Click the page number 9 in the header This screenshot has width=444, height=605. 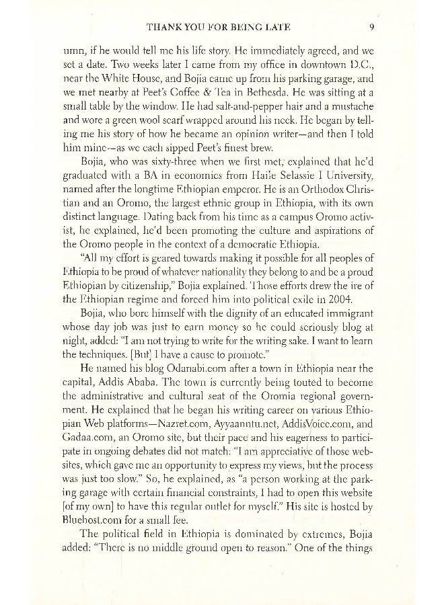(371, 28)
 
